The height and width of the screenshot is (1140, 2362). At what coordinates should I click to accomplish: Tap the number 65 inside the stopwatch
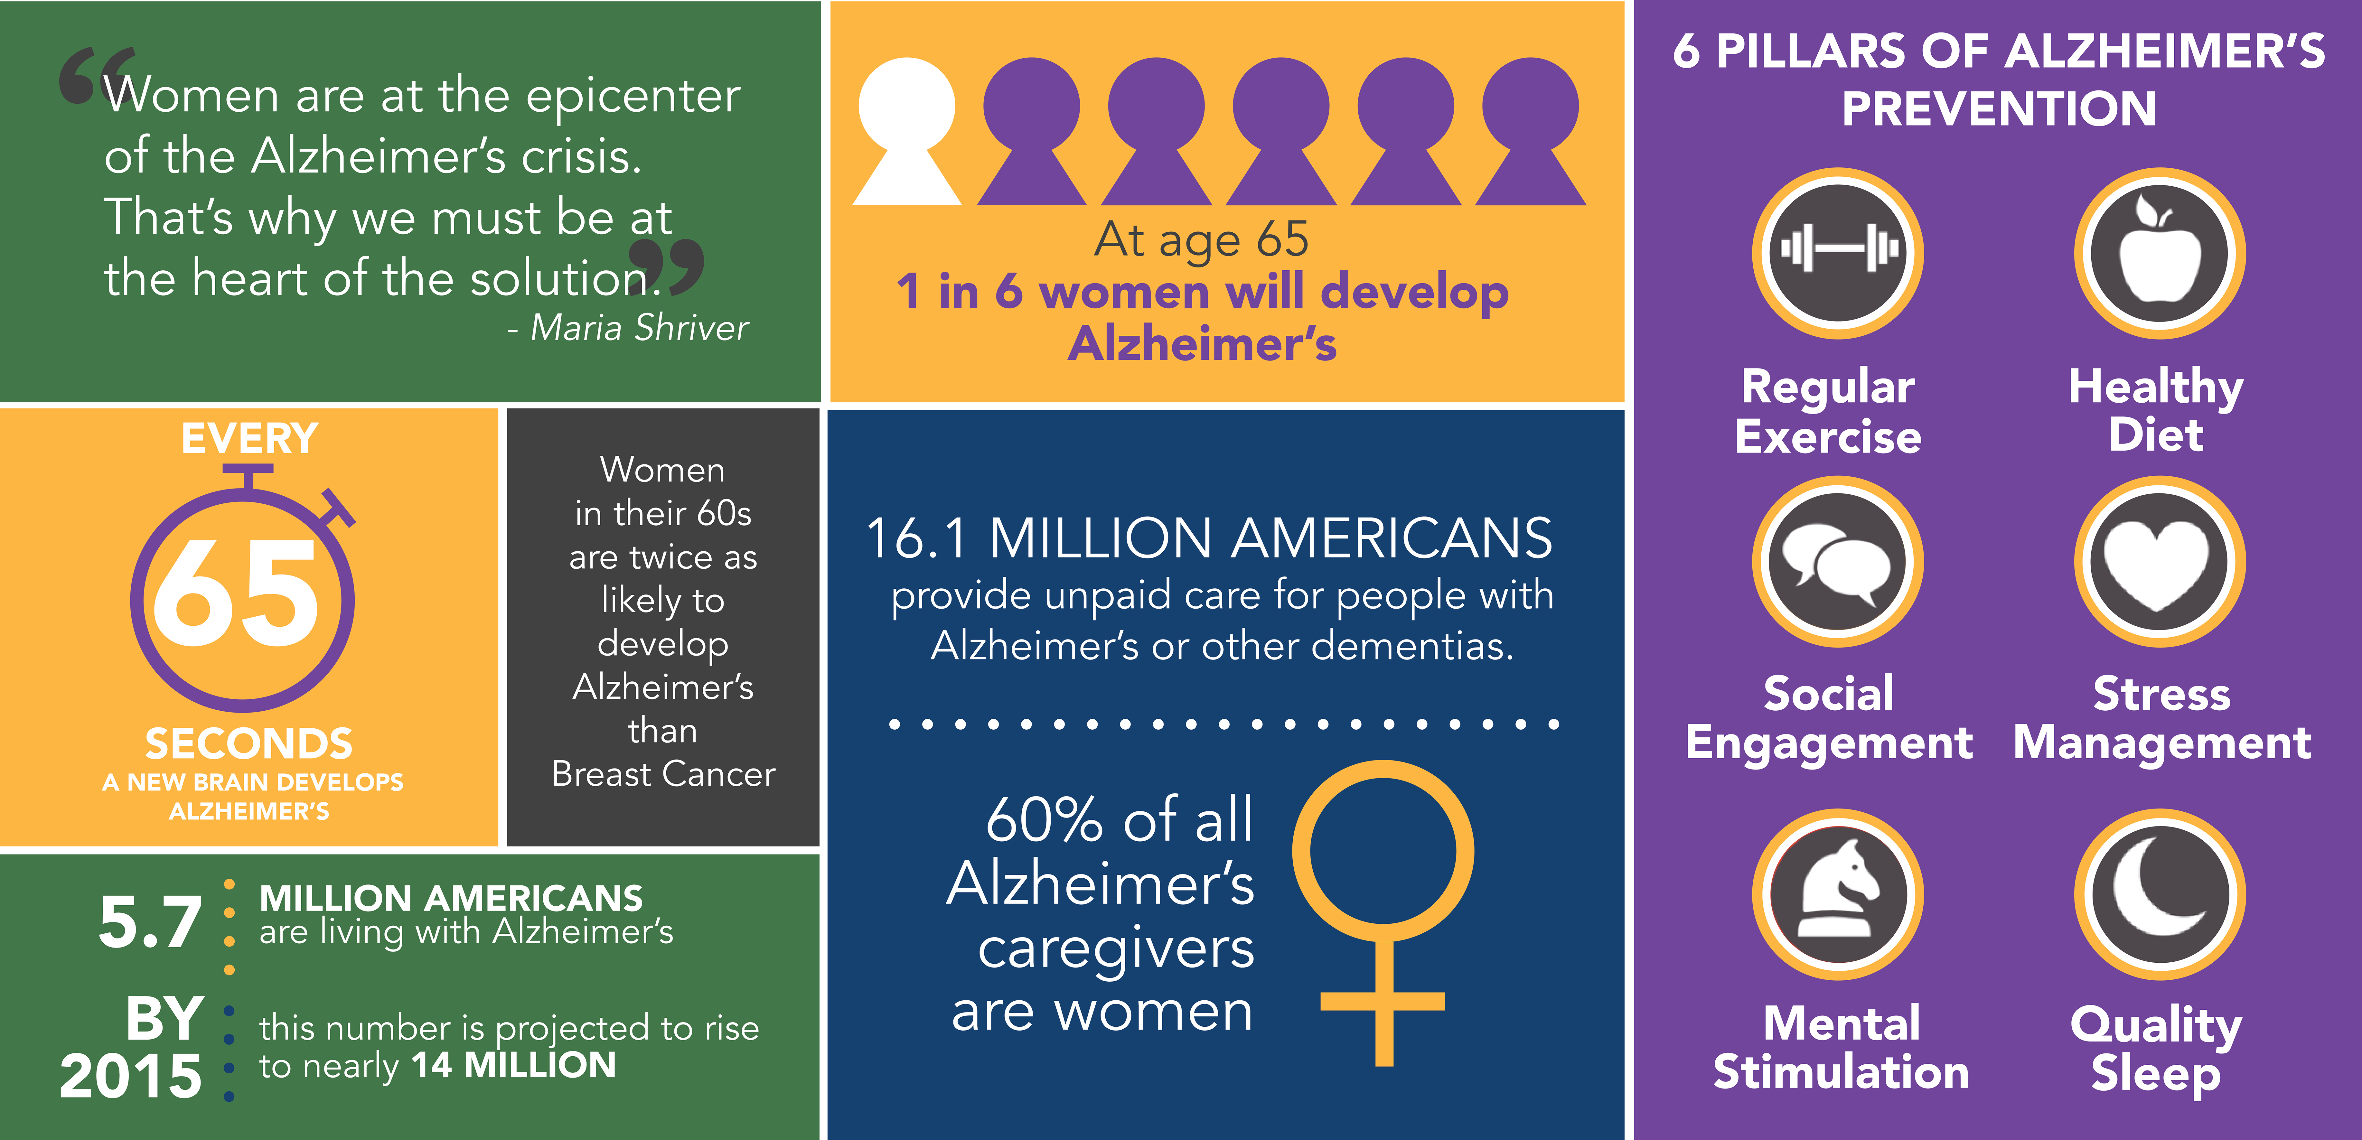click(x=237, y=592)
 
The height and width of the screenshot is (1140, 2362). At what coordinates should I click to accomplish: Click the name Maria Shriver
click(x=640, y=327)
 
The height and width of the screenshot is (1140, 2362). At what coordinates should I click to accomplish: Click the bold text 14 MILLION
click(x=513, y=1065)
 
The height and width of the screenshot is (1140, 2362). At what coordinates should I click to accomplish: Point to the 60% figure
click(x=1045, y=819)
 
